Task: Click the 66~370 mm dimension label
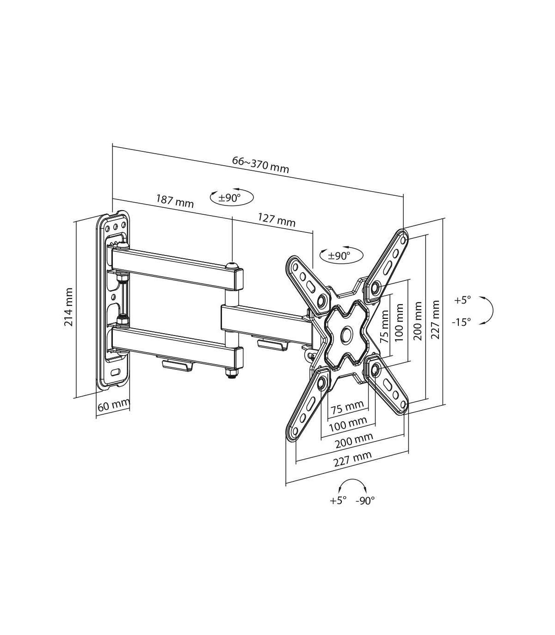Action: click(260, 164)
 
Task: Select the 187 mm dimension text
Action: click(175, 201)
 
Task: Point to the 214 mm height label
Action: click(68, 307)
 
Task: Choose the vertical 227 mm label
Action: click(435, 319)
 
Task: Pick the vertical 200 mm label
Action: click(418, 321)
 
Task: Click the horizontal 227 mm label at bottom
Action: click(353, 459)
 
